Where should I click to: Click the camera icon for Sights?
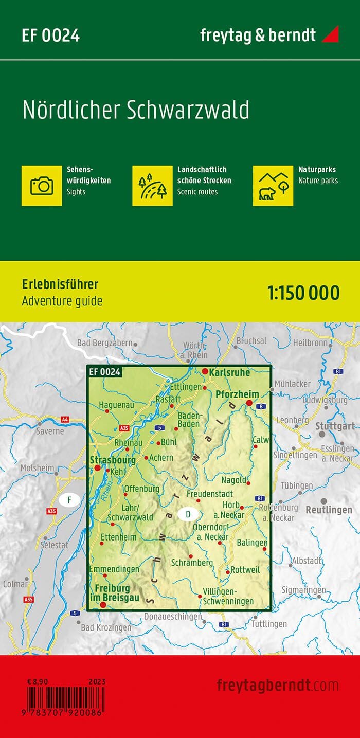click(x=42, y=185)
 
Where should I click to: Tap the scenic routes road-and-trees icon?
click(x=152, y=185)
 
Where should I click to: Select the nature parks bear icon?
click(x=273, y=185)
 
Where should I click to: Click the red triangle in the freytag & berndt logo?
click(x=330, y=35)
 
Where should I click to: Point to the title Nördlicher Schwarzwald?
click(x=136, y=110)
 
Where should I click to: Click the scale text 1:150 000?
click(x=303, y=293)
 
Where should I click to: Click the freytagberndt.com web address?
click(x=278, y=685)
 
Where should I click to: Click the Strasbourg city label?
click(x=113, y=460)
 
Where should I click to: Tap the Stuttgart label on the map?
click(x=335, y=426)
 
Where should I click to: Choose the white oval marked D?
click(x=188, y=514)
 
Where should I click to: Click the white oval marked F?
click(x=69, y=499)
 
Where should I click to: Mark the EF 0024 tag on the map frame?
click(x=104, y=372)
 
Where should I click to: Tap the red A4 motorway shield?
click(x=65, y=420)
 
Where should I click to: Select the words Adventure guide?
click(x=62, y=301)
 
